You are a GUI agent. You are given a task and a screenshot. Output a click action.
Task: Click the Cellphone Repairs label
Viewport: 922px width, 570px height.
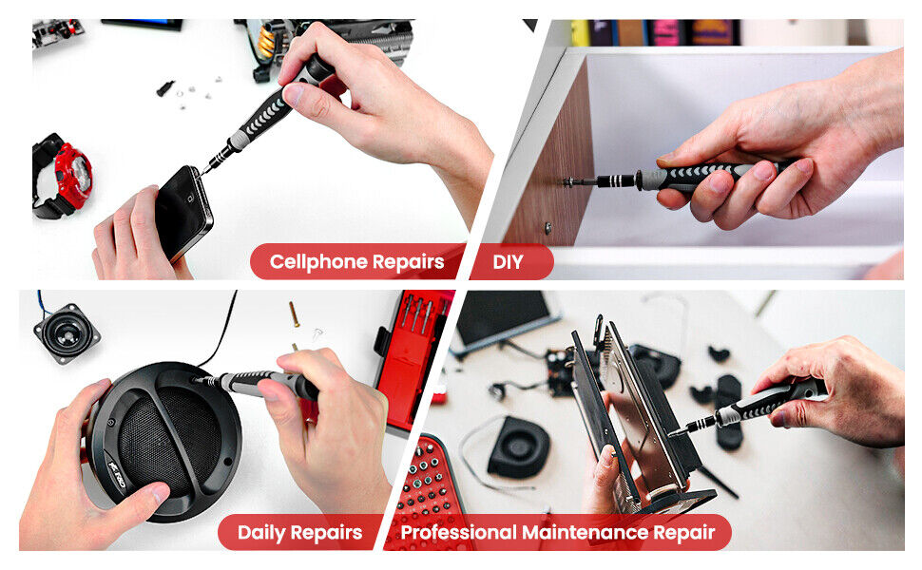(356, 261)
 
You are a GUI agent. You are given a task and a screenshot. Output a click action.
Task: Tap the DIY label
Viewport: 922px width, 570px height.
(509, 261)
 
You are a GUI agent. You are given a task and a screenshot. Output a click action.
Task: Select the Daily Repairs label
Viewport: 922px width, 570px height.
(299, 532)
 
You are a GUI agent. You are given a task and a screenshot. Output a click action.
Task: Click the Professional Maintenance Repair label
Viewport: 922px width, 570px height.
(557, 532)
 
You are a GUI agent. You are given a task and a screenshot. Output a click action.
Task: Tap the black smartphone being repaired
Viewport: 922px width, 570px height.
(182, 210)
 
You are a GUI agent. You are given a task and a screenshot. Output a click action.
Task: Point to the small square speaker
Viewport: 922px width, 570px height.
(66, 332)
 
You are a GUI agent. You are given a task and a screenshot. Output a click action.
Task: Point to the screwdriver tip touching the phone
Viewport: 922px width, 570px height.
(202, 170)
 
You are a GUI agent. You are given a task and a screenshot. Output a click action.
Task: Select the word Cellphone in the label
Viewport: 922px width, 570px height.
(315, 261)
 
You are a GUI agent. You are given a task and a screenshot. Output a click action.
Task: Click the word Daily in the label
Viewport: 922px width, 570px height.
(262, 532)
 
